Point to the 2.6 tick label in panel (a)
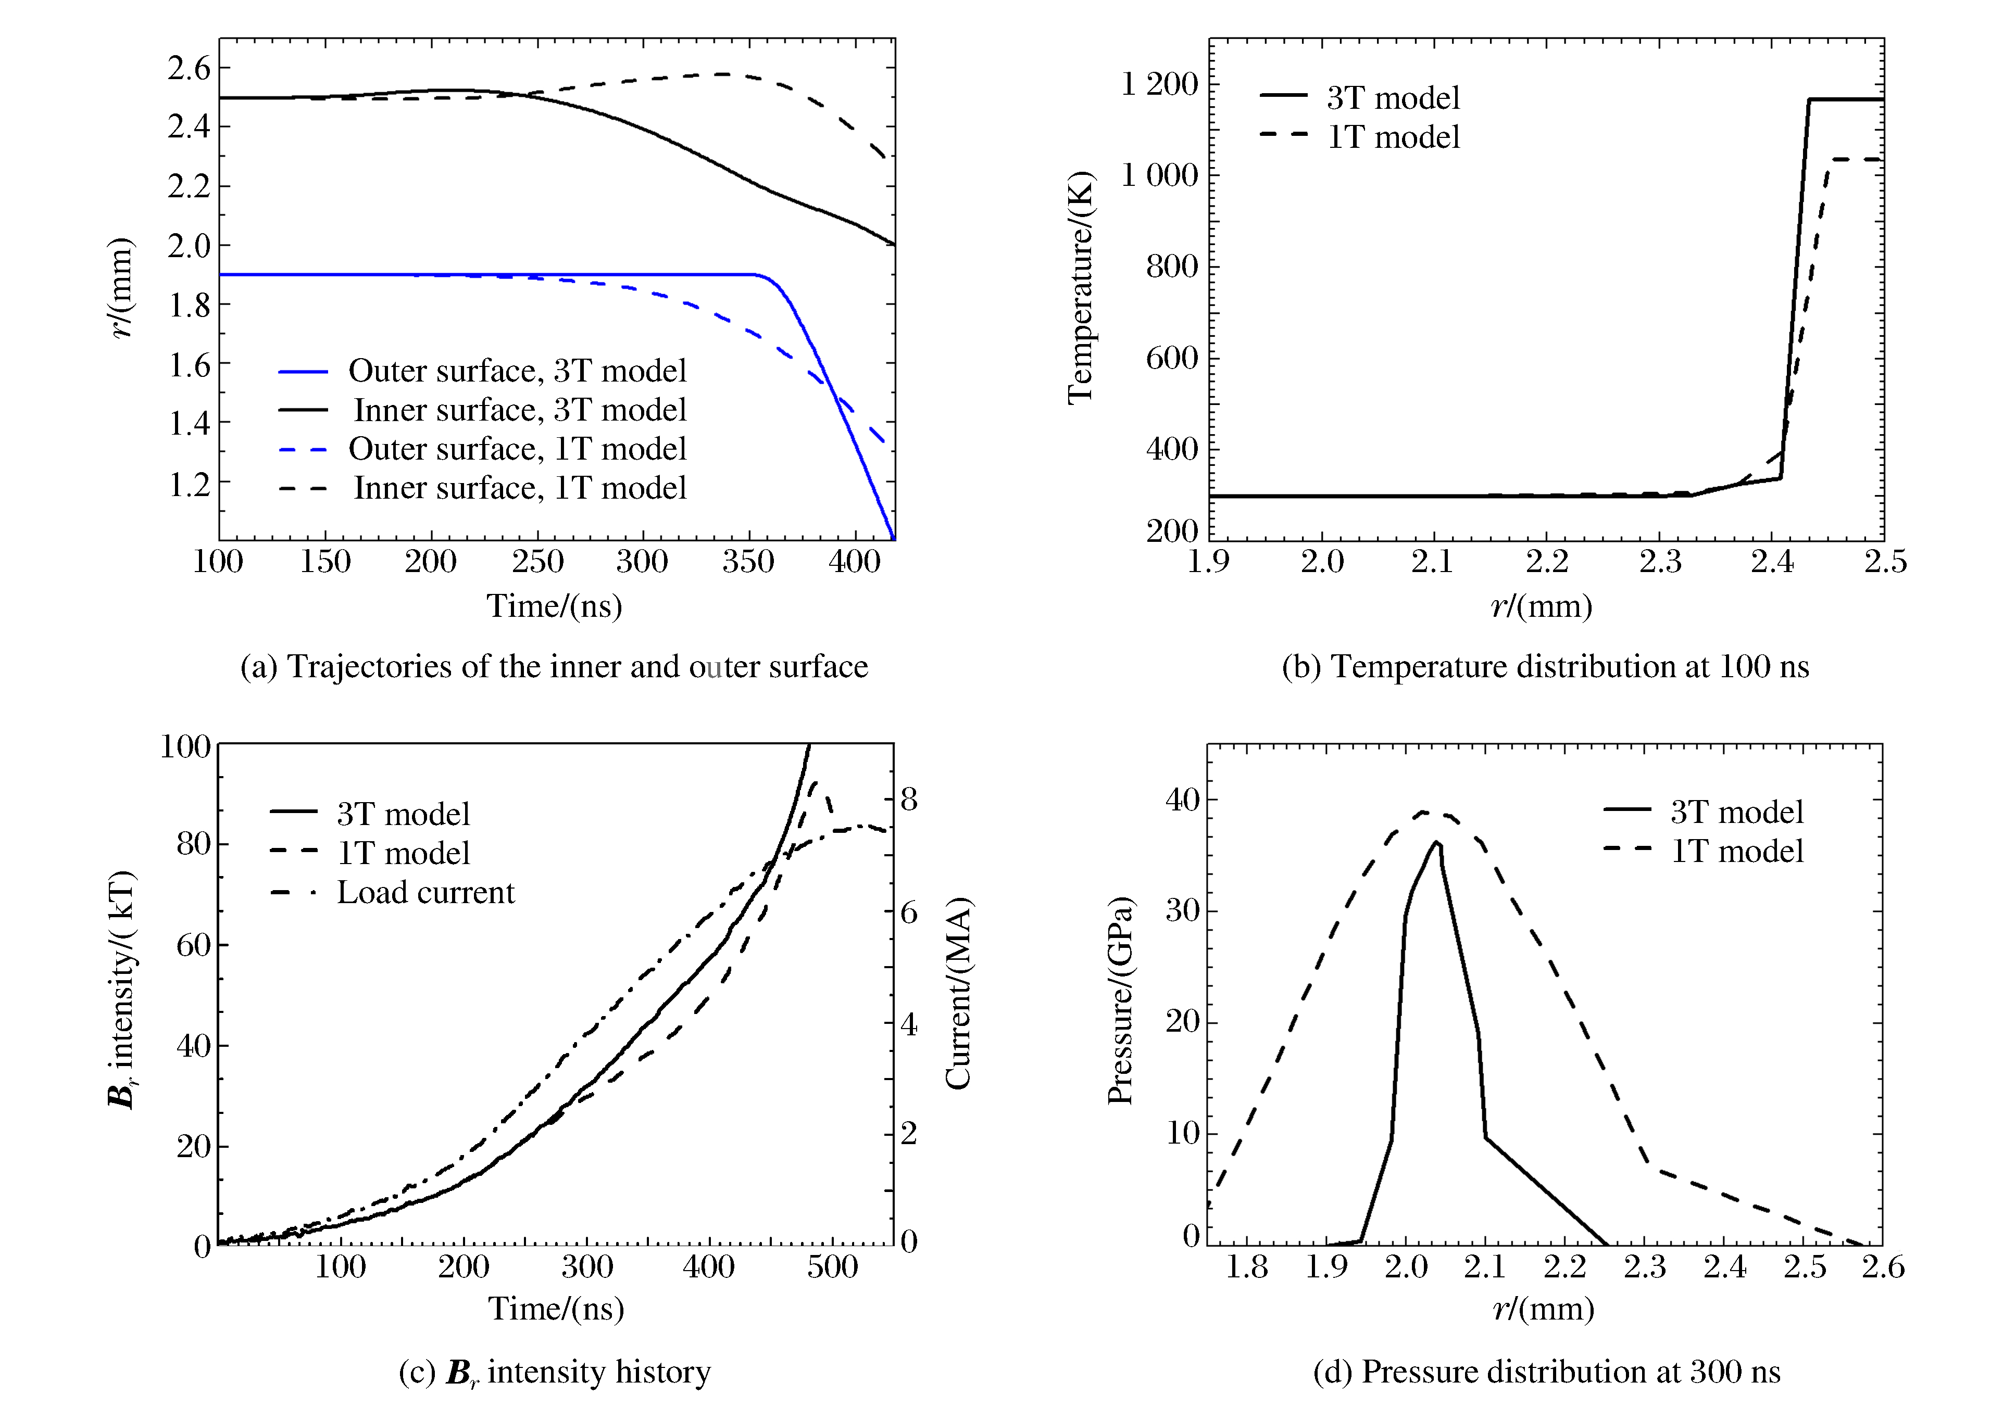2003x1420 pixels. pos(190,67)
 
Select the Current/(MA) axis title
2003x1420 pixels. pos(959,993)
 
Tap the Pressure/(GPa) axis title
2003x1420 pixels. pos(1120,1000)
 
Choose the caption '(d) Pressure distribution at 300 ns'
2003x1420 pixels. pos(1546,1372)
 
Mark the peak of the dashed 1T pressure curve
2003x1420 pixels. pos(1424,813)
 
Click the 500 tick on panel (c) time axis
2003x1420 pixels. pos(832,1267)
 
